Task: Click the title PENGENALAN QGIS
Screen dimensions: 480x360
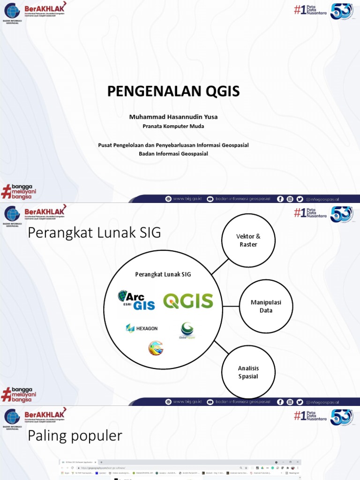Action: pyautogui.click(x=173, y=91)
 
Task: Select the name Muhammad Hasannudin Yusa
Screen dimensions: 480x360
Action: pyautogui.click(x=173, y=117)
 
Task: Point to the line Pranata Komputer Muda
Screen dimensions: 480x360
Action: pyautogui.click(x=173, y=126)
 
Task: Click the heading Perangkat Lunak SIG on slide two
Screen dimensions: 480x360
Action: pyautogui.click(x=94, y=232)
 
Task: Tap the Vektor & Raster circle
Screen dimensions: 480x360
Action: pyautogui.click(x=248, y=240)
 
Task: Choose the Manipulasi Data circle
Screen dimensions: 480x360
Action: pyautogui.click(x=266, y=307)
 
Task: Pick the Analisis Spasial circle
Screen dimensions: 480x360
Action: pyautogui.click(x=248, y=372)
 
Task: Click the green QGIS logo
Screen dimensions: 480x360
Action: pyautogui.click(x=188, y=301)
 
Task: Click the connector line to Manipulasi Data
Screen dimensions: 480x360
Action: pyautogui.click(x=231, y=307)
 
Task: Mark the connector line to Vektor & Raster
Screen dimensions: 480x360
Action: pyautogui.click(x=219, y=266)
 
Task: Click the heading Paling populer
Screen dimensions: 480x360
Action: pyautogui.click(x=75, y=436)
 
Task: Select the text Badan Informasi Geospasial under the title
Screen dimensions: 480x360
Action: pyautogui.click(x=173, y=154)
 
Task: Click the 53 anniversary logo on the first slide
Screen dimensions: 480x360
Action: pyautogui.click(x=341, y=10)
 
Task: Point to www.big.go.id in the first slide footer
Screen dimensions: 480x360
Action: pyautogui.click(x=187, y=199)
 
